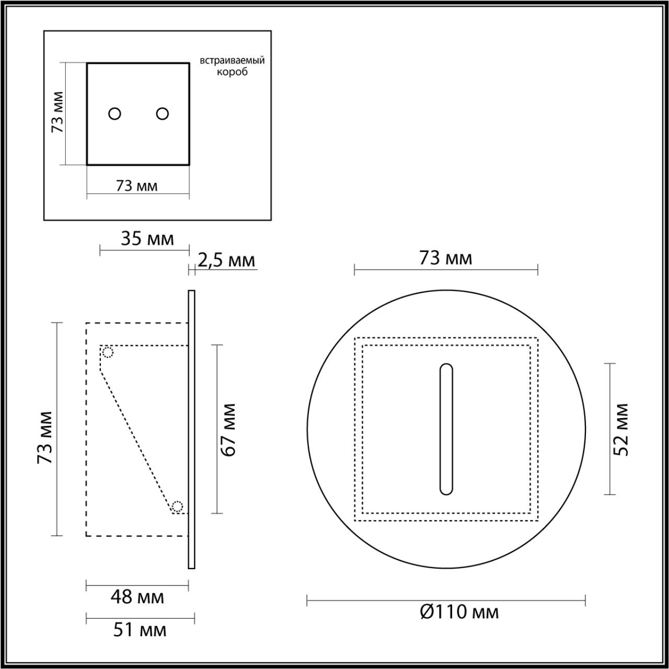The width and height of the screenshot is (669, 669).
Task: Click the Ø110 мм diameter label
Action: (459, 612)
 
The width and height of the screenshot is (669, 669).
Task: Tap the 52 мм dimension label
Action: (621, 429)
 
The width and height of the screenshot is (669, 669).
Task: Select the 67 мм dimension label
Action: (228, 429)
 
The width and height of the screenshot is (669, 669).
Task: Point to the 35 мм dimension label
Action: (147, 239)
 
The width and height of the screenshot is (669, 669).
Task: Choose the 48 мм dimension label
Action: (137, 596)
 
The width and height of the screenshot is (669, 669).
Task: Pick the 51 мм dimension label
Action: (140, 630)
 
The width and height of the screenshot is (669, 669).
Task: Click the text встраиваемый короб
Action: (232, 66)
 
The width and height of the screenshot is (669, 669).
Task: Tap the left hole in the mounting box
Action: (114, 113)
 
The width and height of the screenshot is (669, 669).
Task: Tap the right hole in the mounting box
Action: (163, 113)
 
